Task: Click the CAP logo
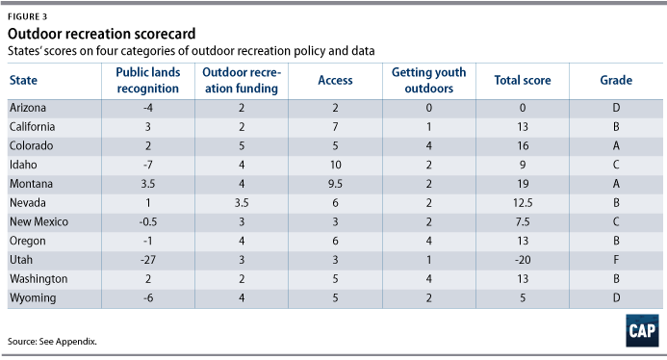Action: [642, 330]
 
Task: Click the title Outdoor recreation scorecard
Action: [102, 34]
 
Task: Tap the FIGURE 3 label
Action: [27, 16]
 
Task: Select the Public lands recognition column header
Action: [148, 81]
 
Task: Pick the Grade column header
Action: [616, 80]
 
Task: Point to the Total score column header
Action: [523, 80]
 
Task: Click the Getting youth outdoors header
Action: [429, 81]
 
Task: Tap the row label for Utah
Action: [21, 260]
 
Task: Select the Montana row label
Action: [31, 184]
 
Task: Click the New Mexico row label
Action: [38, 221]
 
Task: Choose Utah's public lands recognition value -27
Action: [148, 260]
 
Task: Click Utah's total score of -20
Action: [523, 260]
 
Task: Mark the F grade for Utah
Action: [616, 260]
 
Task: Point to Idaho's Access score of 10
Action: [335, 165]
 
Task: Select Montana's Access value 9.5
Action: [335, 184]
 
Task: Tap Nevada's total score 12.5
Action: [523, 202]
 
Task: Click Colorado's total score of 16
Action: [523, 145]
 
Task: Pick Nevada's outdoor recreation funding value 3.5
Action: [242, 202]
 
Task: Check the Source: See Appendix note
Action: [52, 342]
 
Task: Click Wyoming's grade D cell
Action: [616, 297]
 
